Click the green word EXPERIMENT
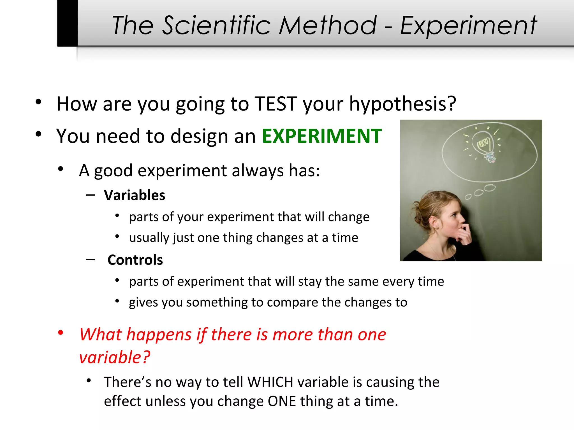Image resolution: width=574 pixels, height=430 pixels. pyautogui.click(x=321, y=136)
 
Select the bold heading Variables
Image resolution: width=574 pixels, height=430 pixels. pyautogui.click(x=135, y=195)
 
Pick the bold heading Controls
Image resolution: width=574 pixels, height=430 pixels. pyautogui.click(x=135, y=260)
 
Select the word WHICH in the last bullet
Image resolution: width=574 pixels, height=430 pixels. pyautogui.click(x=270, y=382)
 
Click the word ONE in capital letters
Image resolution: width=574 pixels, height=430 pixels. pyautogui.click(x=282, y=401)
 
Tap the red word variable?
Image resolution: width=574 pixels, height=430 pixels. pyautogui.click(x=115, y=357)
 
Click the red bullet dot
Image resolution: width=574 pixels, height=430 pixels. pyautogui.click(x=61, y=333)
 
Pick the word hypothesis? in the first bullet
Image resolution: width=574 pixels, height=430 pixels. pyautogui.click(x=402, y=104)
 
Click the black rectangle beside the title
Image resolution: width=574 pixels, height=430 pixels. pyautogui.click(x=67, y=23)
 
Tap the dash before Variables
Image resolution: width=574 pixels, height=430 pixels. pyautogui.click(x=90, y=195)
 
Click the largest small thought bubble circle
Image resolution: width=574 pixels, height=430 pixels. pyautogui.click(x=489, y=188)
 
